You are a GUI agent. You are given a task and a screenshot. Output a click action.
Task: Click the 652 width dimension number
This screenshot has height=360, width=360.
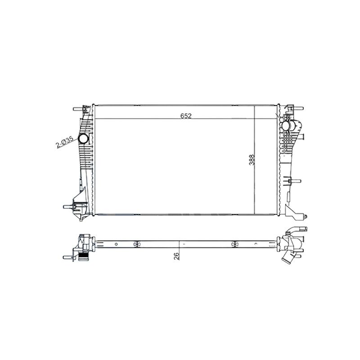click(186, 116)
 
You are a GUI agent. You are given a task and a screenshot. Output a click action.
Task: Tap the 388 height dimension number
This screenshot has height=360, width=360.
click(252, 160)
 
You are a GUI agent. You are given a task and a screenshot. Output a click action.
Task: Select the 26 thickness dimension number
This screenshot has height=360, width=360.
click(176, 256)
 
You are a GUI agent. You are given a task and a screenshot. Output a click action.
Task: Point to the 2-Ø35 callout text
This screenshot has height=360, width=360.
click(65, 142)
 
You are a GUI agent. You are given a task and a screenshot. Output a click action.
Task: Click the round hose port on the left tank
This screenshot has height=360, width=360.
click(83, 139)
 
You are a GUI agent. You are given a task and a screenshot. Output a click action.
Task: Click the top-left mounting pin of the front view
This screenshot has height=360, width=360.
click(78, 109)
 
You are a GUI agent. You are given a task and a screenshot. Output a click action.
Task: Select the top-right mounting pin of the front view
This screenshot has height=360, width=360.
click(298, 108)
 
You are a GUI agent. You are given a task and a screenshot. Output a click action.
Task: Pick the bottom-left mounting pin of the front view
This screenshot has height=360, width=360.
click(68, 207)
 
